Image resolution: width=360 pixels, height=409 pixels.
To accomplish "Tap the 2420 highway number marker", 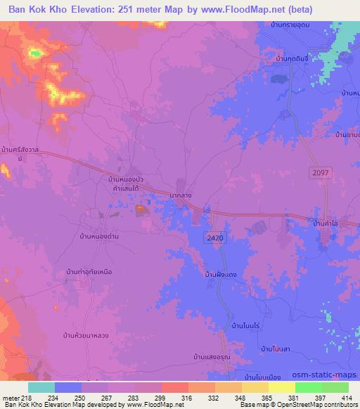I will point(216,239).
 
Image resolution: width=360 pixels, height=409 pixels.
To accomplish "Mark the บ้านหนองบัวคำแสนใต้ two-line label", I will point(127,185).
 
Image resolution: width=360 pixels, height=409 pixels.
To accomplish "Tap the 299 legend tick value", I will point(161,398).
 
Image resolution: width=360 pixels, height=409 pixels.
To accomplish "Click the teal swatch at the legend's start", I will point(41,387).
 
